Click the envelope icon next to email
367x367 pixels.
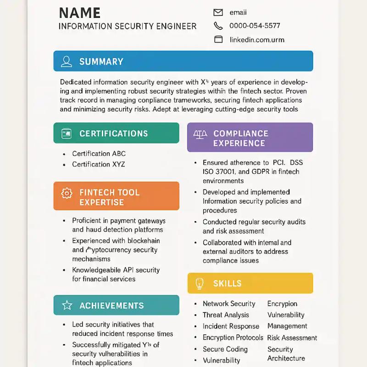pos(218,12)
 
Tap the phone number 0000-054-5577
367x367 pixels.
pos(255,26)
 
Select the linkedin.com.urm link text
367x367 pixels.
pos(257,39)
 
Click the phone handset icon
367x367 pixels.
pos(218,26)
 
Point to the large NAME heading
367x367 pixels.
pos(80,13)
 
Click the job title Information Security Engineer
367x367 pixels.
pos(128,26)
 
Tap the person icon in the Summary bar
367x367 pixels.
pos(67,61)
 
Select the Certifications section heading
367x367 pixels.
pos(113,133)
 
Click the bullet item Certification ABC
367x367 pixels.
pos(99,154)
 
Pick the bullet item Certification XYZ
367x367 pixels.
pos(98,164)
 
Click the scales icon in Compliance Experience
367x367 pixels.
pos(200,134)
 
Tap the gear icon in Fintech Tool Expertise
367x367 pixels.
pos(67,193)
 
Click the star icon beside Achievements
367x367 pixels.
pos(67,306)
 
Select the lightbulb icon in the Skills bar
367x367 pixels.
pos(200,284)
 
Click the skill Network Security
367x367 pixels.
pos(229,304)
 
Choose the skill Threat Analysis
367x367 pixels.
pos(226,315)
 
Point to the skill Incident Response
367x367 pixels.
pos(231,326)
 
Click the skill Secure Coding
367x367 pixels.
pos(225,349)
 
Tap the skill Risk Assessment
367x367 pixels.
pos(292,338)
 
